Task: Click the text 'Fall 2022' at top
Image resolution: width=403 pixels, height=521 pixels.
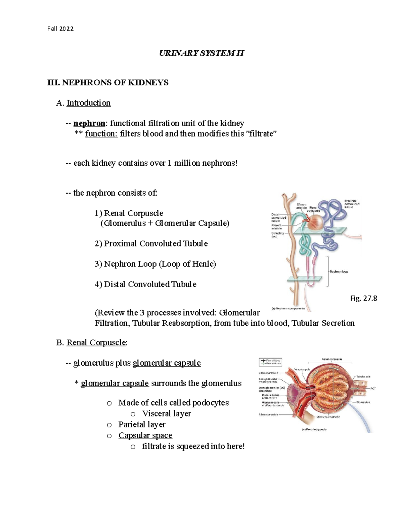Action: click(60, 29)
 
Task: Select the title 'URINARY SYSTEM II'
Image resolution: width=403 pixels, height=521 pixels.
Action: click(201, 53)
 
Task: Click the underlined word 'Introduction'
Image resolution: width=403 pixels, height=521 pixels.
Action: click(88, 103)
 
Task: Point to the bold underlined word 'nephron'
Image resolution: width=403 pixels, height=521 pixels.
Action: click(89, 123)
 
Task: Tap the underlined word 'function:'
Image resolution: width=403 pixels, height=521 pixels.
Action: click(101, 134)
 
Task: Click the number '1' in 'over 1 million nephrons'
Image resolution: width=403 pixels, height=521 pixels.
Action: click(169, 163)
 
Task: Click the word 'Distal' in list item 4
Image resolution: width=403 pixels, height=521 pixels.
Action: click(115, 284)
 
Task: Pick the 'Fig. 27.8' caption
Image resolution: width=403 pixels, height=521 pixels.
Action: click(364, 298)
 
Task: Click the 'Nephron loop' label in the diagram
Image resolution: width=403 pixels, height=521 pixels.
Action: click(339, 271)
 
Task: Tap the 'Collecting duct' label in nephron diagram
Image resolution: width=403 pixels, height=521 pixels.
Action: click(277, 235)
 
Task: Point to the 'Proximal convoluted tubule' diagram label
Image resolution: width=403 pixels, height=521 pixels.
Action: click(352, 204)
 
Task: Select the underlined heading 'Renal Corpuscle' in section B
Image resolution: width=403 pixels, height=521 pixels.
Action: click(96, 343)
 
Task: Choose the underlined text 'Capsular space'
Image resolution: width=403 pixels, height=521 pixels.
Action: click(145, 435)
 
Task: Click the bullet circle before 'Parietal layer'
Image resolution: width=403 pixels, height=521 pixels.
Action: click(109, 425)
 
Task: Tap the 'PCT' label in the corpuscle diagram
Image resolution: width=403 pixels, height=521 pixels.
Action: click(373, 388)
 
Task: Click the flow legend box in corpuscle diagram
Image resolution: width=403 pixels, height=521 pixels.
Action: click(270, 362)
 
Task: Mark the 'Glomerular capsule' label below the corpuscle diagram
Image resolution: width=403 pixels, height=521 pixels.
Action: click(328, 417)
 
